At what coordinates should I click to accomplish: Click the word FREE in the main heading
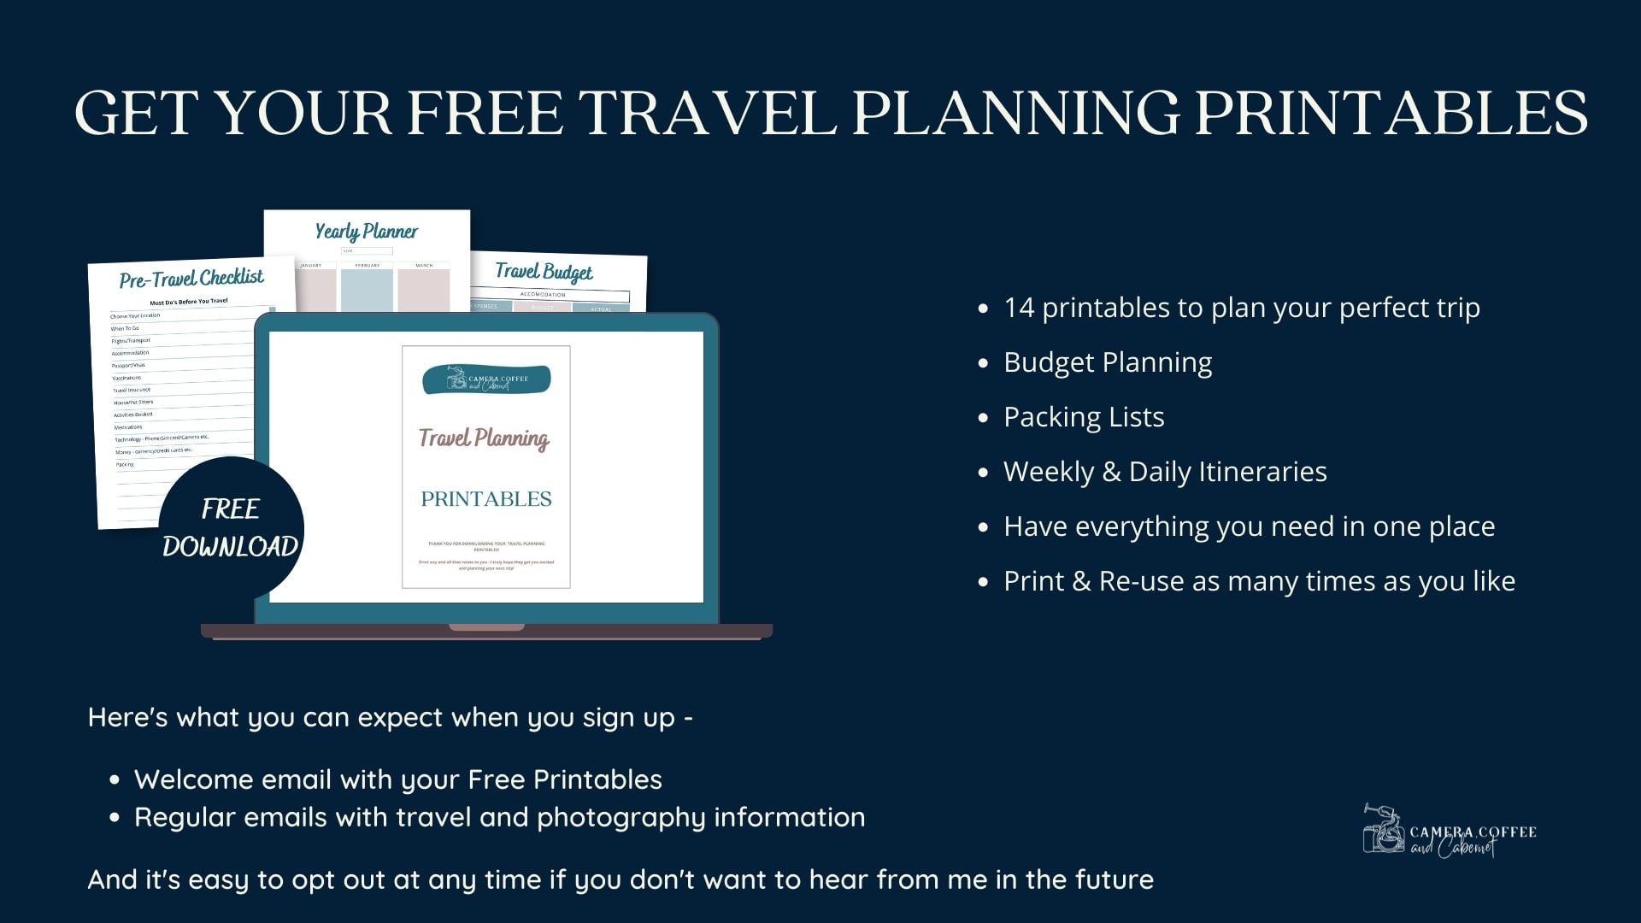point(484,113)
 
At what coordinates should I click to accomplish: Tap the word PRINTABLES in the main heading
point(1391,113)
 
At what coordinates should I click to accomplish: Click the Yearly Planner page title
point(367,232)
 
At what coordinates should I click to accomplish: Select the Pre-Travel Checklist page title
point(191,279)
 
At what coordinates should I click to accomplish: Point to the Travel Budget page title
point(544,272)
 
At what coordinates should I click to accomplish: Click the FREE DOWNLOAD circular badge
point(230,528)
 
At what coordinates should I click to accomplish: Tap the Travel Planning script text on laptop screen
point(484,438)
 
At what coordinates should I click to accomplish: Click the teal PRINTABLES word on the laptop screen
point(485,499)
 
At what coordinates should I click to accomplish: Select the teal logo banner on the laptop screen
point(486,379)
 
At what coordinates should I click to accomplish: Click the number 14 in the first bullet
point(1019,308)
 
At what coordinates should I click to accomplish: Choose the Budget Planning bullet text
point(1108,362)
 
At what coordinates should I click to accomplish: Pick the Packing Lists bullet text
point(1084,417)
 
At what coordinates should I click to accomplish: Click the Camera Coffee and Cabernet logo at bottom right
point(1449,832)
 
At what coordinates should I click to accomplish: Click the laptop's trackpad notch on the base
point(486,627)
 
